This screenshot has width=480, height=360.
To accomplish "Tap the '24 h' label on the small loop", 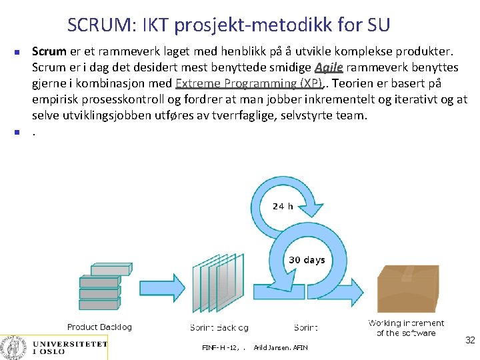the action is [x=283, y=206].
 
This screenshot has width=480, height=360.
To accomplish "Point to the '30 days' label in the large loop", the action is [x=307, y=259].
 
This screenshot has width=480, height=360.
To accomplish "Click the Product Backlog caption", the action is [x=99, y=327].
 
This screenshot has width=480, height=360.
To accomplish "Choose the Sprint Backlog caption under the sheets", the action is [x=219, y=327].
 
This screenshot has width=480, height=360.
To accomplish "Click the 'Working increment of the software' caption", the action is [x=406, y=328].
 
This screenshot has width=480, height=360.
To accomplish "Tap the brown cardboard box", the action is [x=407, y=289].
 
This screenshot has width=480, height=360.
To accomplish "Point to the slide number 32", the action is [x=469, y=341].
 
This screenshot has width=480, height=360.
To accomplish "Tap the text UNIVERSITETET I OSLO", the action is [x=69, y=347].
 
